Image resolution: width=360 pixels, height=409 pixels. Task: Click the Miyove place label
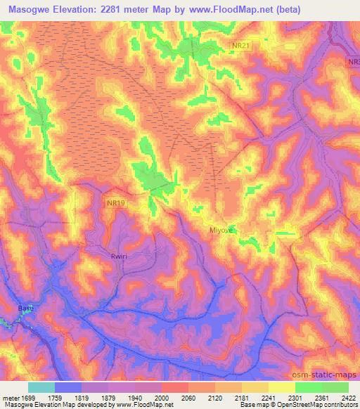(221, 230)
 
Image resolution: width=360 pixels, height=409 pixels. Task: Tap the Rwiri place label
(100, 256)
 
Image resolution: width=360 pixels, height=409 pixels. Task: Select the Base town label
(25, 308)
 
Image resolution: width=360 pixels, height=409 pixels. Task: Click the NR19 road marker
(98, 202)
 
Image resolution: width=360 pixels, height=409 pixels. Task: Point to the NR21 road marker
(241, 45)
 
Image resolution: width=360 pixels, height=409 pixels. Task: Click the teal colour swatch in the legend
(41, 387)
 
